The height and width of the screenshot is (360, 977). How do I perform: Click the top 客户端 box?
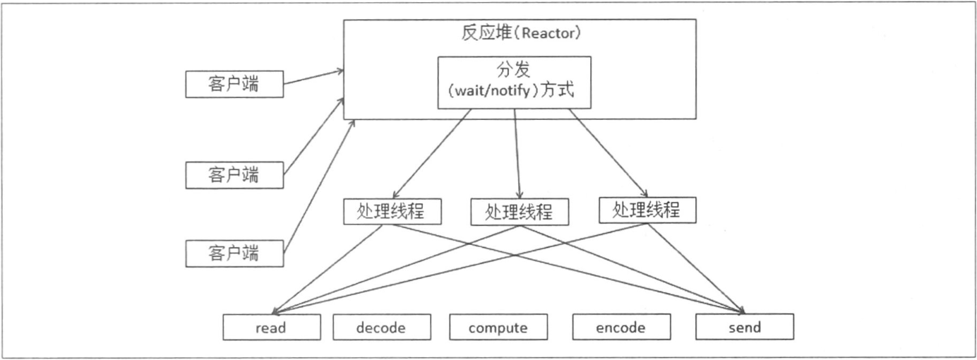coord(234,85)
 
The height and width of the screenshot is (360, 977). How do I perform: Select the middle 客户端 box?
coord(234,175)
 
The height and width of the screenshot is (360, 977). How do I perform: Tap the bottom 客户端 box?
coord(234,253)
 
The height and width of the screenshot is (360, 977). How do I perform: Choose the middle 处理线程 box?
coord(520,211)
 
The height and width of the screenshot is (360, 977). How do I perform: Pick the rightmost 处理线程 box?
coord(646,210)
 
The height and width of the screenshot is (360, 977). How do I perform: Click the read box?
coord(272,328)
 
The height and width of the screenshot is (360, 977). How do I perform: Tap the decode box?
coord(381,328)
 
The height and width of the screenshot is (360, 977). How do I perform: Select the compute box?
coord(498,328)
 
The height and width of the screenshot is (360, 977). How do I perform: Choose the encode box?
coord(621,328)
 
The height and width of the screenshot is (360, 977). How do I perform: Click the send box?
coord(744,328)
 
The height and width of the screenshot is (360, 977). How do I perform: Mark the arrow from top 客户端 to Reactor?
coord(313,78)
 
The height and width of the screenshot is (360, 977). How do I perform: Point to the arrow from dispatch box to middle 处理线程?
coord(517,154)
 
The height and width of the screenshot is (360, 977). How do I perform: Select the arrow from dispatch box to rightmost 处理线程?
coord(608,154)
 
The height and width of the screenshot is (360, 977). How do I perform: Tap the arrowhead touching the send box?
coord(741,311)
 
